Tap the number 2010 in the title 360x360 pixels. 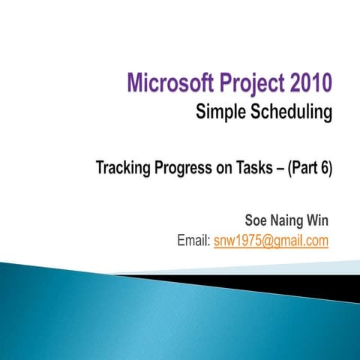tap(305, 80)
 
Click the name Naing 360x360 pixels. tap(289, 220)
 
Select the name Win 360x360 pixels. tap(318, 220)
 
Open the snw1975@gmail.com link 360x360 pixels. tap(271, 241)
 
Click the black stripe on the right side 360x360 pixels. tap(315, 283)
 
